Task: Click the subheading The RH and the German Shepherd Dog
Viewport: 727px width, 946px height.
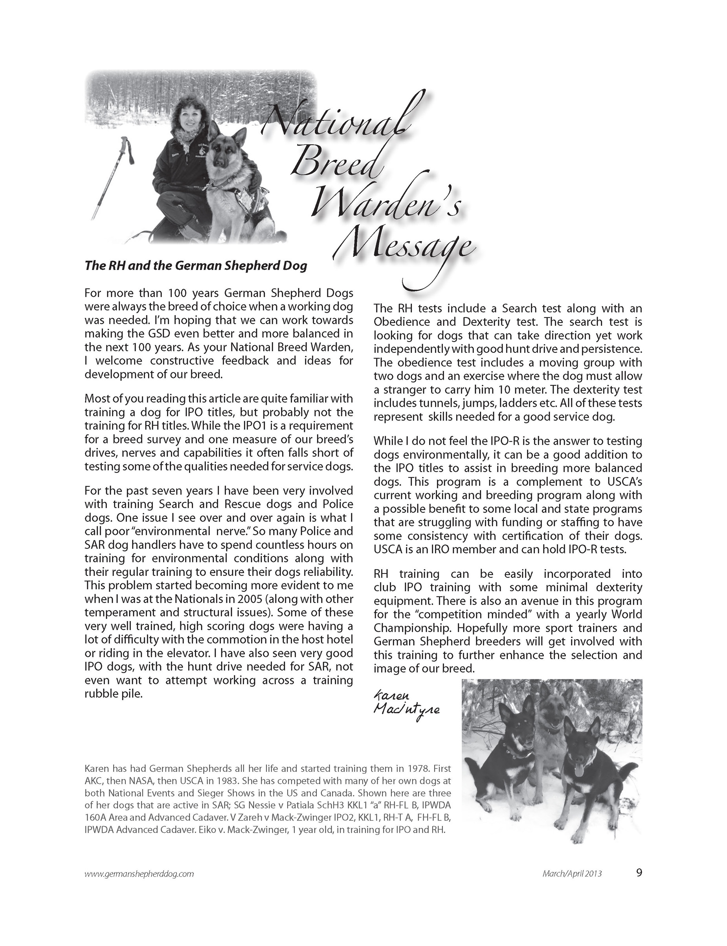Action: tap(196, 266)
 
